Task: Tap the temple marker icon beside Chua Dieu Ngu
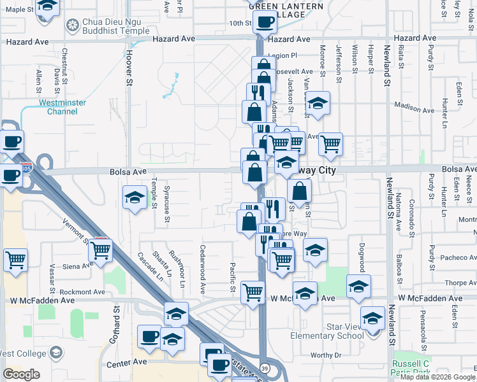71,25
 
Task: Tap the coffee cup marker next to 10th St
264,22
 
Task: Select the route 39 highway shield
263,368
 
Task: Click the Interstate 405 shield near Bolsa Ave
26,169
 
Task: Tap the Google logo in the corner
22,374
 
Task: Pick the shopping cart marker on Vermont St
101,250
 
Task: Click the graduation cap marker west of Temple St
135,198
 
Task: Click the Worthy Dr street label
327,355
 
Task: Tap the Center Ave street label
127,362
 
